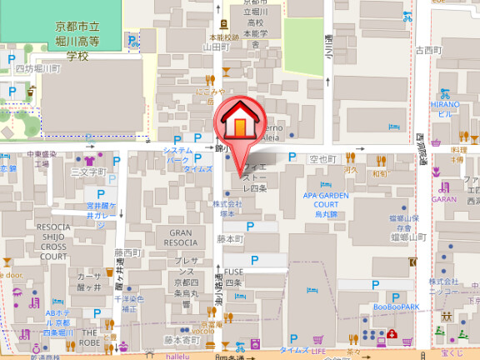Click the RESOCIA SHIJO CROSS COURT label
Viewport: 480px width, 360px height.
pyautogui.click(x=53, y=242)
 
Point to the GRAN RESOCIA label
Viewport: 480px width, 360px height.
pyautogui.click(x=182, y=237)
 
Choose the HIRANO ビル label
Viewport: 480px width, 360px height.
pyautogui.click(x=444, y=108)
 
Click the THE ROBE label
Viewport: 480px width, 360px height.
pyautogui.click(x=89, y=337)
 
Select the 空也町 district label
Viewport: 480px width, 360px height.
pyautogui.click(x=322, y=158)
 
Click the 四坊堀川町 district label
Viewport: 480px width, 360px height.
pyautogui.click(x=39, y=69)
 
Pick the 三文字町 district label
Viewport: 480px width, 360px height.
pyautogui.click(x=89, y=172)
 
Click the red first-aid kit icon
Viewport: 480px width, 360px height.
pyautogui.click(x=390, y=337)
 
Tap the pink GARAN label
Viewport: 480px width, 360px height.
pyautogui.click(x=445, y=200)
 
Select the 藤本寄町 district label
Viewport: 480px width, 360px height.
pyautogui.click(x=182, y=339)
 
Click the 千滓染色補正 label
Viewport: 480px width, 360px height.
pyautogui.click(x=127, y=303)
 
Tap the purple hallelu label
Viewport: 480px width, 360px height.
pyautogui.click(x=178, y=355)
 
